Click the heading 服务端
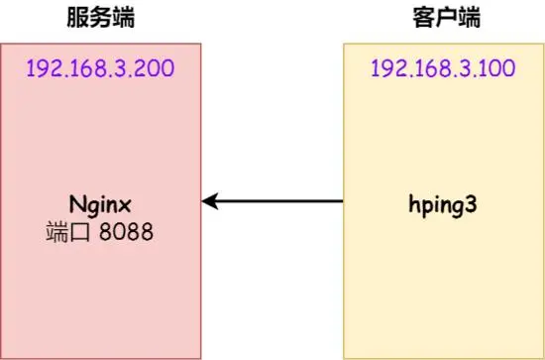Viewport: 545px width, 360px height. [100, 18]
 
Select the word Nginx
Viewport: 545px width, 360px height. [101, 204]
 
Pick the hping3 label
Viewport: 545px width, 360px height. [443, 204]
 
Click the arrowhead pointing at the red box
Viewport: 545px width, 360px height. [207, 202]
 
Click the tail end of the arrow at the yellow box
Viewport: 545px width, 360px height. [340, 202]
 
